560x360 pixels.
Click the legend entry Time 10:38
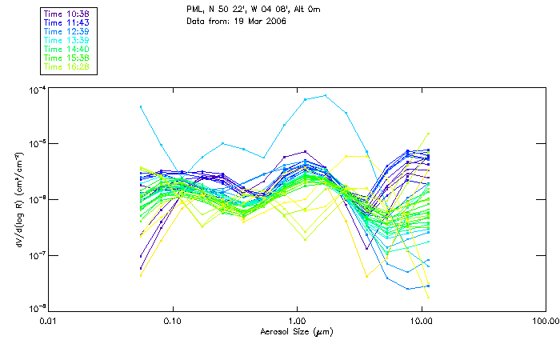pyautogui.click(x=68, y=14)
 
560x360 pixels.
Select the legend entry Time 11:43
pyautogui.click(x=68, y=22)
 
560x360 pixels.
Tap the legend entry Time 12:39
pyautogui.click(x=68, y=31)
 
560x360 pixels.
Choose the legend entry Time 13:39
pyautogui.click(x=68, y=40)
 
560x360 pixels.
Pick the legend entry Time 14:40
pyautogui.click(x=68, y=49)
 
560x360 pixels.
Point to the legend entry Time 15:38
pyautogui.click(x=68, y=58)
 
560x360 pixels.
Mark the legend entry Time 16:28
pyautogui.click(x=68, y=66)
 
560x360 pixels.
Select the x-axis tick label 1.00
pyautogui.click(x=298, y=321)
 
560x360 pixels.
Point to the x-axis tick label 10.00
pyautogui.click(x=422, y=321)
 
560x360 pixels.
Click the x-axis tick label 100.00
pyautogui.click(x=546, y=321)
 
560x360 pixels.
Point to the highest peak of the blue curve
pyautogui.click(x=325, y=96)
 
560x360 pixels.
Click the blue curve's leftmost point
pyautogui.click(x=141, y=106)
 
